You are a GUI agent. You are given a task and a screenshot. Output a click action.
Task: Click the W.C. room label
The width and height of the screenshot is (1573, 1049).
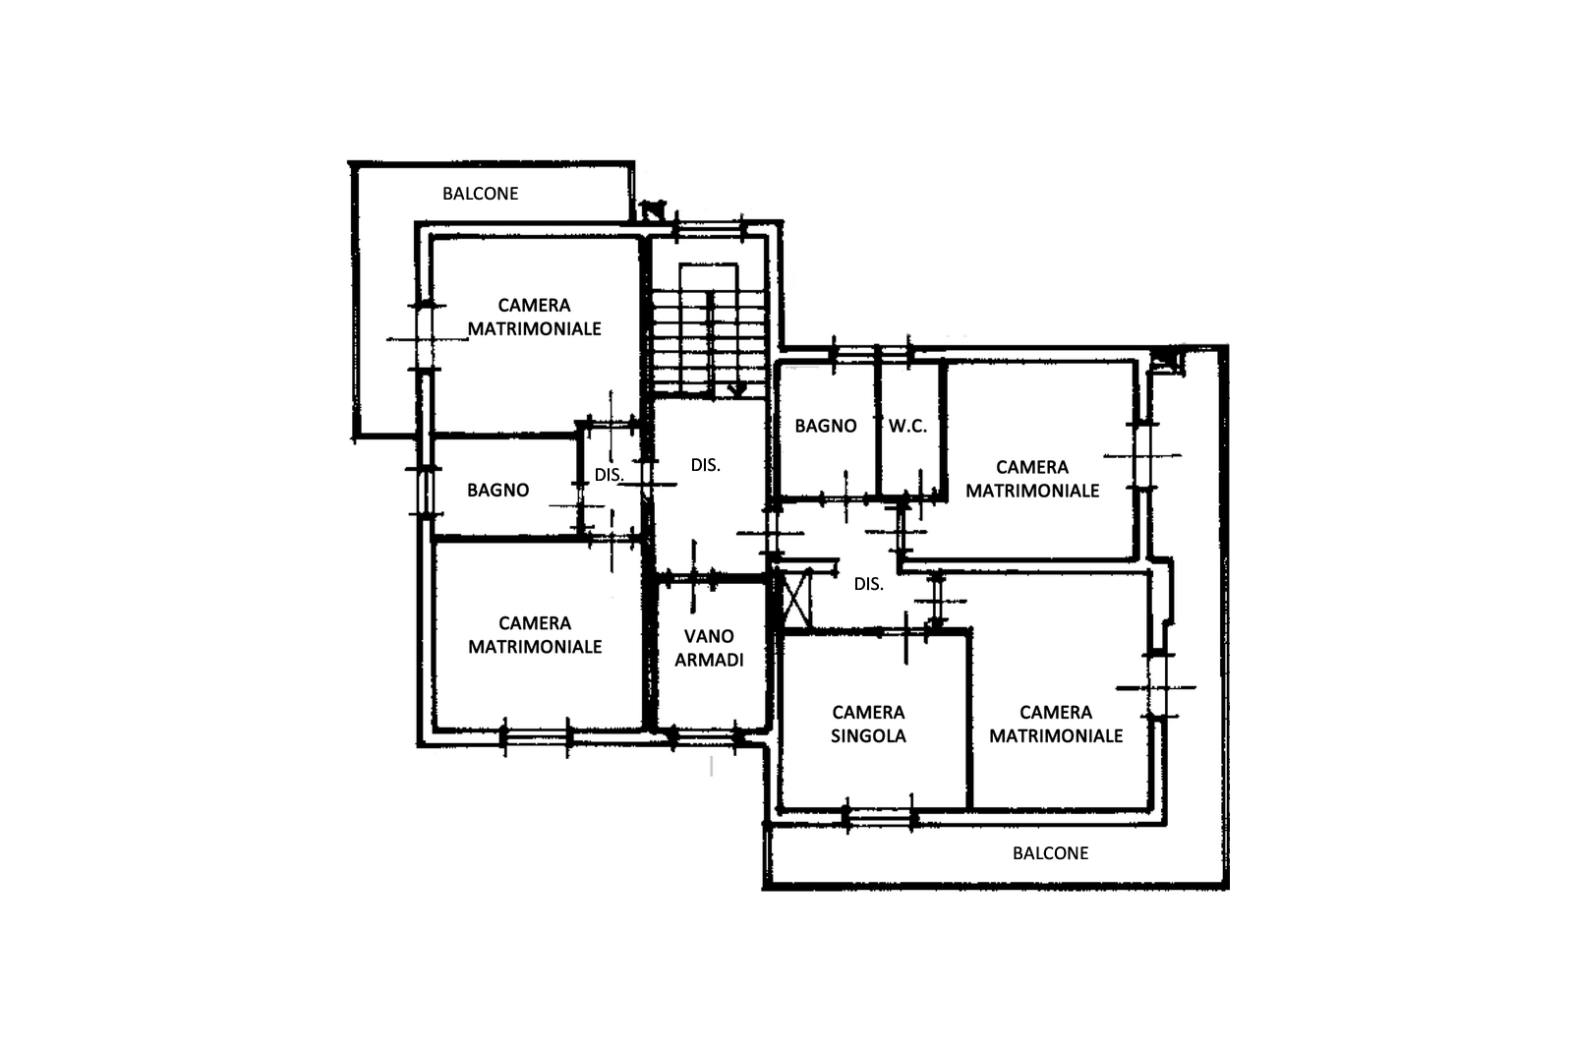pos(907,427)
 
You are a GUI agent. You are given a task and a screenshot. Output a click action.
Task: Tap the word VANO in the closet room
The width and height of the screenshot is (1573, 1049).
pos(709,636)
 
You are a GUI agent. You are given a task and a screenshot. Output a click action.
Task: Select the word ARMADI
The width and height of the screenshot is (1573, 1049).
pos(709,660)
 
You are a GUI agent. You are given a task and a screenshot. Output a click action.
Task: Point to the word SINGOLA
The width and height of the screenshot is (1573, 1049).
pos(869,735)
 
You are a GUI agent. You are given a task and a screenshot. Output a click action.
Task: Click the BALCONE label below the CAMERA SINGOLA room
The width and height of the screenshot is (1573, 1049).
pos(1051,853)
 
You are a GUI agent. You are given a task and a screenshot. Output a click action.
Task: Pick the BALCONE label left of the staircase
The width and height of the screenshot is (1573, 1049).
pos(481,194)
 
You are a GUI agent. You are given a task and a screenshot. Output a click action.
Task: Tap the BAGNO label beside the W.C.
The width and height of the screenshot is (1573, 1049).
pos(826,427)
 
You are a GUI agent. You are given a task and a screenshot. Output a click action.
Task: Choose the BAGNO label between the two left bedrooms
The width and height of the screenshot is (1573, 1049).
pos(497,491)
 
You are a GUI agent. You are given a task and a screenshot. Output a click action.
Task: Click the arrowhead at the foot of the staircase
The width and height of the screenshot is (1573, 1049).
pos(737,390)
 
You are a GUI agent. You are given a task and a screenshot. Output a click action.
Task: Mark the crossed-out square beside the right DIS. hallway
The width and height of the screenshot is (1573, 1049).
pos(796,599)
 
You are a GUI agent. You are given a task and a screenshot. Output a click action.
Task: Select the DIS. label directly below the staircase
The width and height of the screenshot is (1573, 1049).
pos(706,465)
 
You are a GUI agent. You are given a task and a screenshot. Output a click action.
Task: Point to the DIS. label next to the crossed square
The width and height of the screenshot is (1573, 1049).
pos(869,584)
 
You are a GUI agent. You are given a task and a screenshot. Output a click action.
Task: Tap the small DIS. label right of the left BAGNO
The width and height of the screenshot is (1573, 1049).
pos(609,476)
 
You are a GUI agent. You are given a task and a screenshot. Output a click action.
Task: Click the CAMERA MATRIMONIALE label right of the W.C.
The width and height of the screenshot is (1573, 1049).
pos(1032,479)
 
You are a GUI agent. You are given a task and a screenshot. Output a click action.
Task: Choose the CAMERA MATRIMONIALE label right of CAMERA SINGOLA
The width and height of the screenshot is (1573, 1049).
pos(1056,724)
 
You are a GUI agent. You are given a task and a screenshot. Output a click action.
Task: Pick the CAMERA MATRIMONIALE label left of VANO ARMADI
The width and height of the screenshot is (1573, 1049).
pos(535,635)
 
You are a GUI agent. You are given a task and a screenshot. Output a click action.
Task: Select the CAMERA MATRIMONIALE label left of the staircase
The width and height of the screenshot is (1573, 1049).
pos(535,317)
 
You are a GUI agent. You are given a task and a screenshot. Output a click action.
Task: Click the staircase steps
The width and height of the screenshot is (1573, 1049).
pos(709,344)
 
